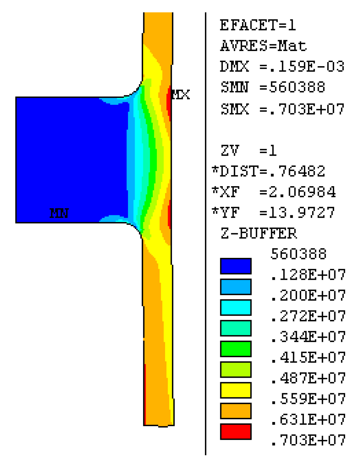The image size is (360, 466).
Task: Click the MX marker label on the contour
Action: tap(180, 94)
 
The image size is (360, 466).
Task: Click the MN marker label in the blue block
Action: tap(59, 213)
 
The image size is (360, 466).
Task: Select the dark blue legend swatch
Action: tap(235, 266)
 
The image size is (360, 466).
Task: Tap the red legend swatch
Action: tap(235, 431)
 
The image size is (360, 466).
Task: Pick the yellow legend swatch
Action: tap(235, 390)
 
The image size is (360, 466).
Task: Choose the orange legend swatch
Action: tap(235, 411)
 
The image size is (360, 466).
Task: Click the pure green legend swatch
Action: tap(235, 349)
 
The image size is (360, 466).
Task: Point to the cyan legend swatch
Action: tap(235, 307)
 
